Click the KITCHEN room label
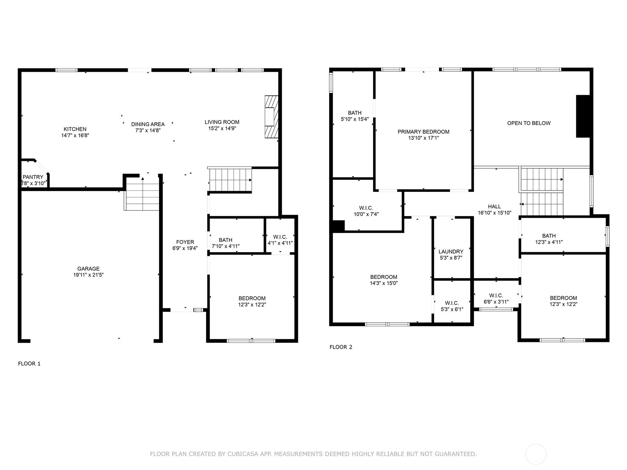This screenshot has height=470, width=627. click(x=75, y=129)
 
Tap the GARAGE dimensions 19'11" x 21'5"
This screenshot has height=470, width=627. click(x=88, y=275)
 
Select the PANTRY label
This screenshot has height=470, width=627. click(x=33, y=177)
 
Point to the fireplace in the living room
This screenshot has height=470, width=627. click(x=271, y=117)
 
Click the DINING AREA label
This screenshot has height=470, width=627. click(x=148, y=124)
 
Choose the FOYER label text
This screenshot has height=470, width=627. click(x=185, y=242)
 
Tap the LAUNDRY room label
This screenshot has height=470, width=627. click(x=451, y=251)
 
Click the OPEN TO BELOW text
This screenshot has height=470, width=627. click(x=529, y=123)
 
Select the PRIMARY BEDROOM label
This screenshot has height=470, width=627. click(x=423, y=132)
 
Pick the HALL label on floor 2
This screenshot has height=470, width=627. click(x=494, y=206)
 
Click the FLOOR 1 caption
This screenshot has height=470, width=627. click(x=29, y=363)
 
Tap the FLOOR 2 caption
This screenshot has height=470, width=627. click(x=341, y=347)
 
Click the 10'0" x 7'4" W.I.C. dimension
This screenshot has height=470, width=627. click(x=366, y=214)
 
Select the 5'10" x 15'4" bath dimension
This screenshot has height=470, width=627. click(x=355, y=119)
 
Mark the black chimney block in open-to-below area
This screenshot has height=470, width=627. click(x=583, y=116)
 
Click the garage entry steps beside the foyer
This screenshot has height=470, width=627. click(x=142, y=194)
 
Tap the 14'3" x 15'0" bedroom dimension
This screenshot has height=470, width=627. click(x=384, y=283)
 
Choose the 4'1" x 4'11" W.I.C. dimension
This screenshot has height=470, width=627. click(x=280, y=243)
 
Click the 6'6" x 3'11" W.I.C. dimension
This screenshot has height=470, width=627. click(x=496, y=302)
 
